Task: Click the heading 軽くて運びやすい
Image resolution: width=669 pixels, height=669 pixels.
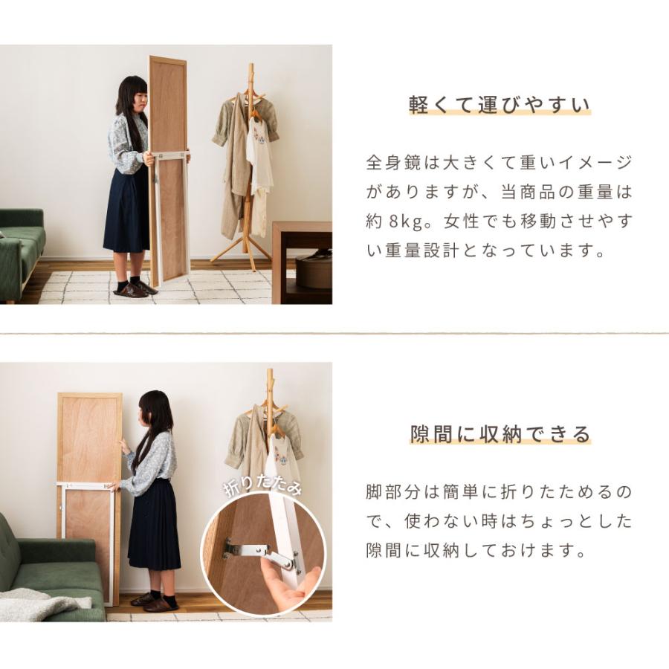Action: [500, 105]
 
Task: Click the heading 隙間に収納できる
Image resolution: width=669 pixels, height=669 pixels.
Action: [500, 433]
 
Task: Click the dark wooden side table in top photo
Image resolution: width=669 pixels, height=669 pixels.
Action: [301, 260]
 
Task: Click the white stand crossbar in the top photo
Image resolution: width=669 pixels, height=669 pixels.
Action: [170, 155]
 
